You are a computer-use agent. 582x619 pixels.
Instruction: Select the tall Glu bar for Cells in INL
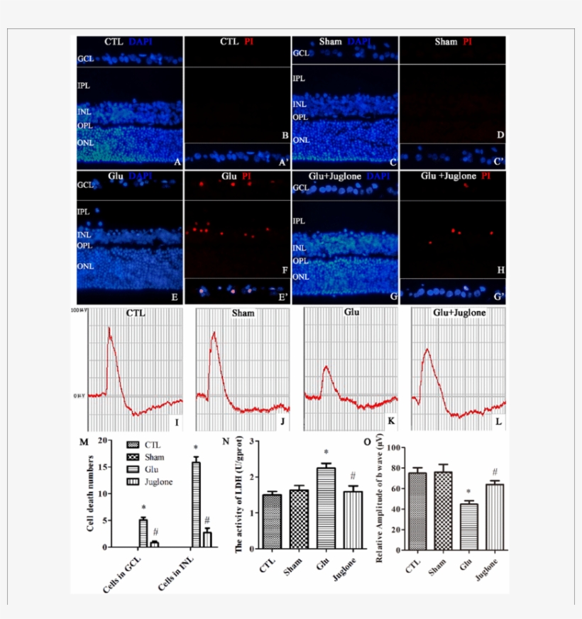[195, 505]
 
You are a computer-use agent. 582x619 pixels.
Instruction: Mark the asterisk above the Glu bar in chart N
[326, 454]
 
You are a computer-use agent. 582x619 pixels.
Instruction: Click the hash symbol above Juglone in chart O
[495, 472]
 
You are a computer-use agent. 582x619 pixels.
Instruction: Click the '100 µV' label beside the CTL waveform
[78, 312]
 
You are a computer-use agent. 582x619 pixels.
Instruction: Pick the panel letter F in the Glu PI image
[284, 270]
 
